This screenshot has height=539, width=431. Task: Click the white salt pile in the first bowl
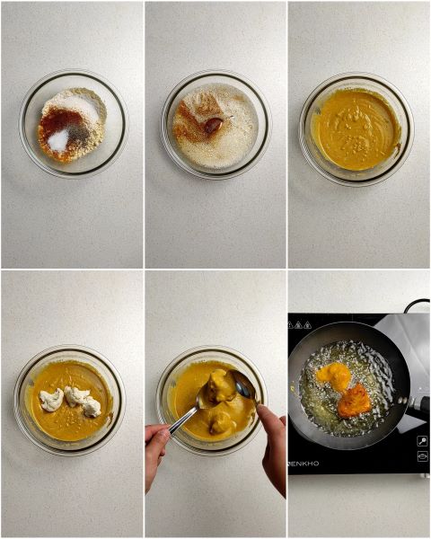coord(59,139)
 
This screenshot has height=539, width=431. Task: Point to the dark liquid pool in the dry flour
coord(213,126)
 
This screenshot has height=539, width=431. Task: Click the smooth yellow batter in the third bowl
coord(356,128)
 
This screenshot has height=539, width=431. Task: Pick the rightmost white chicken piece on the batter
coord(91,406)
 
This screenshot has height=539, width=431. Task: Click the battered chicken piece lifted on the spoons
coord(218,386)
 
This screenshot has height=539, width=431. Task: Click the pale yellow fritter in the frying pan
coord(334,375)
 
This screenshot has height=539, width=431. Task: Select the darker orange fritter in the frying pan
coord(354,400)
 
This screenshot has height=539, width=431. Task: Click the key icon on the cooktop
coord(422,440)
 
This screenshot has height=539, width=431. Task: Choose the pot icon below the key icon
coord(422,456)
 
